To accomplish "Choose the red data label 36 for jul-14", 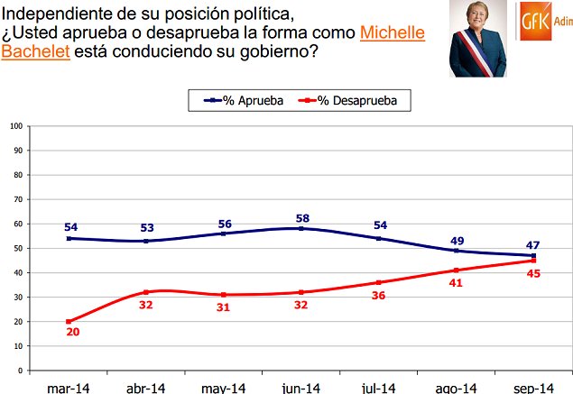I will coord(379,295).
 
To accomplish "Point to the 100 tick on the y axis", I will coord(15,125).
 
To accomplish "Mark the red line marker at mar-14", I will coord(69,321).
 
